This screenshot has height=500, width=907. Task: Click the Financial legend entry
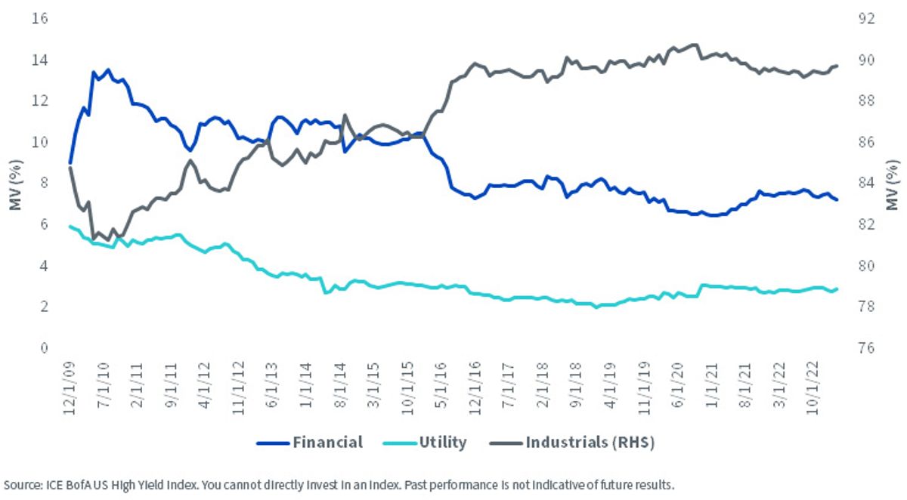(x=310, y=442)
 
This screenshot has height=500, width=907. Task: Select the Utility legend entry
(x=425, y=442)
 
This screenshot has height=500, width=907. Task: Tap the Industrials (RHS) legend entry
(x=572, y=442)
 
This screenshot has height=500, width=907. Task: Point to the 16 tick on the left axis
(x=39, y=18)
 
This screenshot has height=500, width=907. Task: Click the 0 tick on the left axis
(x=44, y=348)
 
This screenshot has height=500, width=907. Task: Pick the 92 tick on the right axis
(x=867, y=18)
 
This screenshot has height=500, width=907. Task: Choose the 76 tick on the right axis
(x=867, y=348)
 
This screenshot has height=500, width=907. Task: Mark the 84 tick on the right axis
(x=867, y=183)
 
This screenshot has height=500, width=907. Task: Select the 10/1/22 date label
(x=813, y=388)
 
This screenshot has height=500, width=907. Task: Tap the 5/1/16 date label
(x=441, y=384)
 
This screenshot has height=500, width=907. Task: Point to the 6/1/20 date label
(x=677, y=384)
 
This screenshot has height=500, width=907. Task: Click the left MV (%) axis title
(x=15, y=185)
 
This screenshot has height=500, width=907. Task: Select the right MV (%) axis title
(x=892, y=185)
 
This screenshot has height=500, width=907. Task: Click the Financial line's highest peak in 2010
(x=107, y=69)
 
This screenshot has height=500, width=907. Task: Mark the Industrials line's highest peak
(x=695, y=45)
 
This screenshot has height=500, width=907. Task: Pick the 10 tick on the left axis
(x=39, y=142)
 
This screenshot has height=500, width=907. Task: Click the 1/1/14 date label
(x=305, y=384)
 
